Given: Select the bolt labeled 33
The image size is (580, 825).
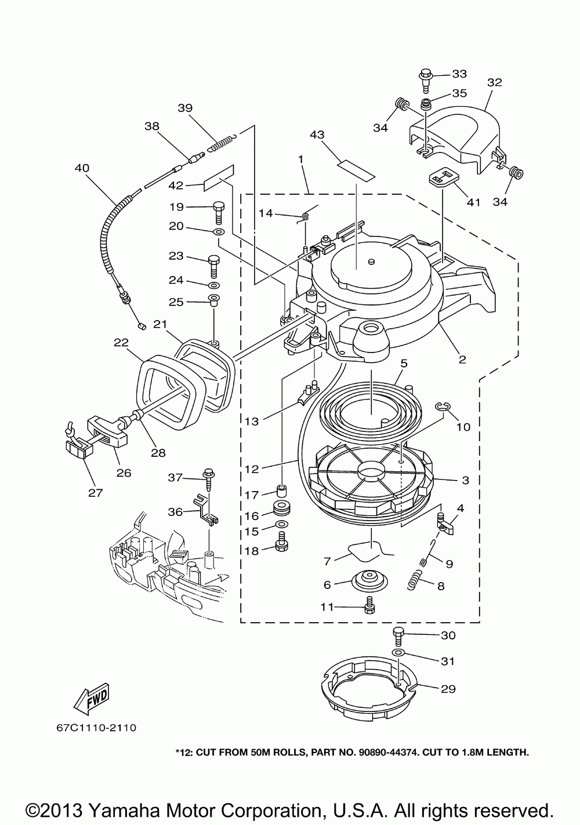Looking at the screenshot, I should [x=425, y=78].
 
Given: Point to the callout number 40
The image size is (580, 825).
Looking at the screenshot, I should [x=82, y=168].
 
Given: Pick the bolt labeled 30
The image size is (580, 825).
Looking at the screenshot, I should [x=398, y=636].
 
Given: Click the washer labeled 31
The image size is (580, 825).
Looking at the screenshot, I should [x=398, y=653].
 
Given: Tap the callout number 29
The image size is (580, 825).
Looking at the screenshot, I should [x=448, y=689].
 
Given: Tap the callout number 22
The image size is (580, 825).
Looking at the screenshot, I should [x=121, y=343].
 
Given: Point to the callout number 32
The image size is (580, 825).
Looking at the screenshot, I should [x=494, y=82].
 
